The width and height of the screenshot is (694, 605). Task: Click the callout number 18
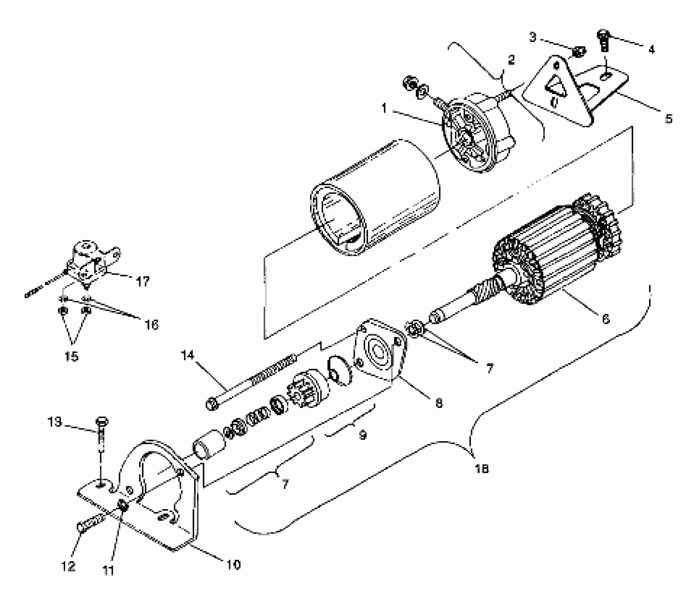482,469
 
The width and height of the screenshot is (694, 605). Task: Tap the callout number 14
187,355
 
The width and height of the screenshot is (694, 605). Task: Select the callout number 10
233,565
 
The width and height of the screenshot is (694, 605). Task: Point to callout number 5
668,119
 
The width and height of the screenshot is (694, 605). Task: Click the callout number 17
143,282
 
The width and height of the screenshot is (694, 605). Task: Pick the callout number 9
362,435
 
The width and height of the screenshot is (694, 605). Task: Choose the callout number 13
55,422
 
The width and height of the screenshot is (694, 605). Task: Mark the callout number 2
511,60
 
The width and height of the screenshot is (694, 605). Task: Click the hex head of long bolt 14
212,404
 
